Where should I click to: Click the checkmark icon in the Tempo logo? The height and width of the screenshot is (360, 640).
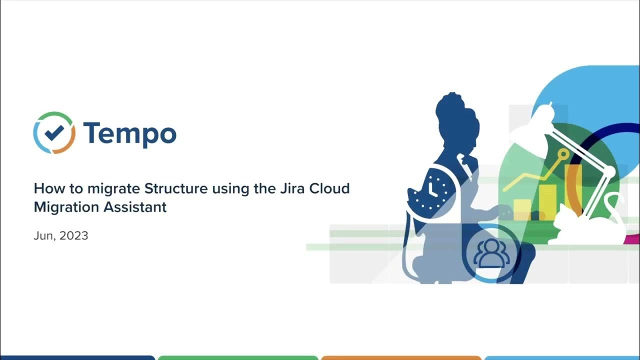click(x=54, y=132)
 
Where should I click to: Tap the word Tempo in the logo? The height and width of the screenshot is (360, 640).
click(x=129, y=133)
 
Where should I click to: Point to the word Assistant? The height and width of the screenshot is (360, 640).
click(x=135, y=207)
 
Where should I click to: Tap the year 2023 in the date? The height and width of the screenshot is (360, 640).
click(x=73, y=236)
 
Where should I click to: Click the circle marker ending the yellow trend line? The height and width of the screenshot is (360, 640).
click(x=563, y=154)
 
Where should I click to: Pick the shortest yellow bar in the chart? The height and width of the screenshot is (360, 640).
click(x=522, y=209)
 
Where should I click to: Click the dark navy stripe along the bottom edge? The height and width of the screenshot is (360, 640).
click(x=77, y=357)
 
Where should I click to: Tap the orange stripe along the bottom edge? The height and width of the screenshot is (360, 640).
click(x=401, y=357)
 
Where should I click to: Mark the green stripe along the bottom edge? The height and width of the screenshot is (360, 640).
click(x=238, y=357)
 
